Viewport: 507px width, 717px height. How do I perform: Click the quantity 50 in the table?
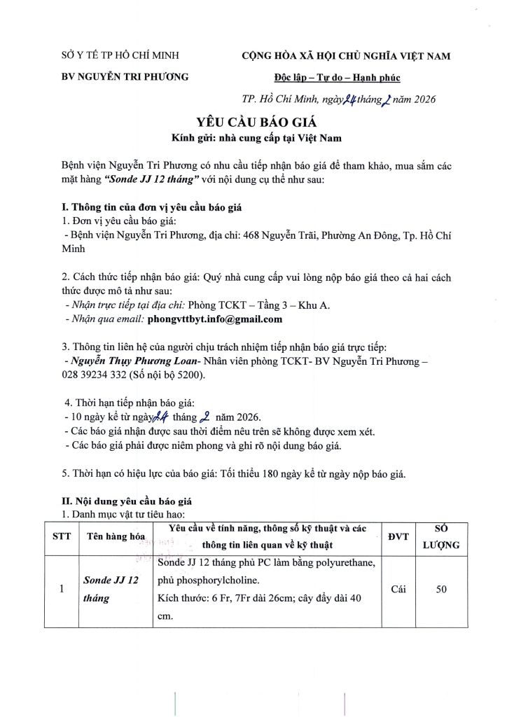click(x=441, y=590)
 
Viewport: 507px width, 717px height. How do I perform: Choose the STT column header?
click(x=62, y=536)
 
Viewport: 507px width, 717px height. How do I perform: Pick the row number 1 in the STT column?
click(x=62, y=590)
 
